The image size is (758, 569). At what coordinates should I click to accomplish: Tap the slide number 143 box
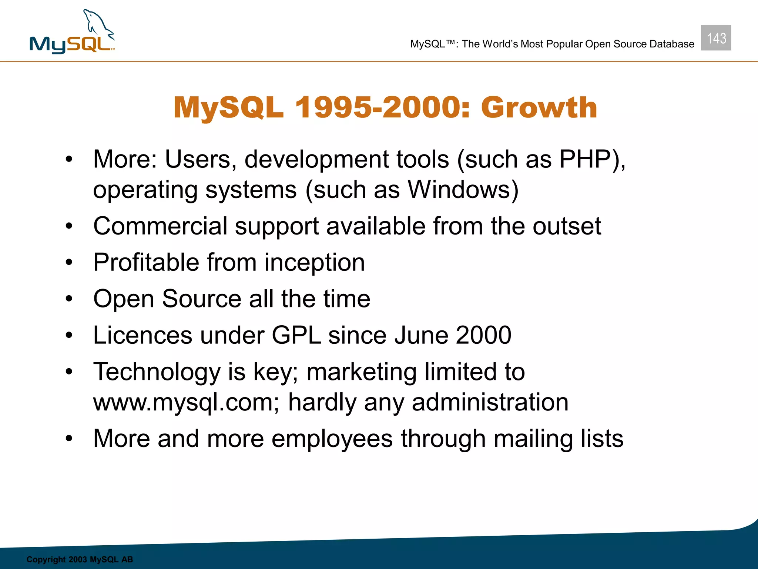click(x=716, y=38)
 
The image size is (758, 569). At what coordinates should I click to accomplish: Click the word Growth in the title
click(x=539, y=107)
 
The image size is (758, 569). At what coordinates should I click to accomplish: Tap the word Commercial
click(x=160, y=226)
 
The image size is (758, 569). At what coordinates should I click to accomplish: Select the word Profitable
click(x=146, y=262)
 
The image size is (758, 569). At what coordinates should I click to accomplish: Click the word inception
click(x=315, y=262)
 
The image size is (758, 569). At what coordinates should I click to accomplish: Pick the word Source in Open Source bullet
click(x=202, y=299)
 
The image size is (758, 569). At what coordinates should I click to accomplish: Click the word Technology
click(x=157, y=372)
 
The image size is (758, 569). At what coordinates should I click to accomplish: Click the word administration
click(x=490, y=402)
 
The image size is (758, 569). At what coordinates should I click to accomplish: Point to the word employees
click(x=332, y=439)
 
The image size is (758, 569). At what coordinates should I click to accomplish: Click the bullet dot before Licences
click(x=69, y=335)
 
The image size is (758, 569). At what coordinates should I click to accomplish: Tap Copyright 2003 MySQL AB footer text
click(x=80, y=559)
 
